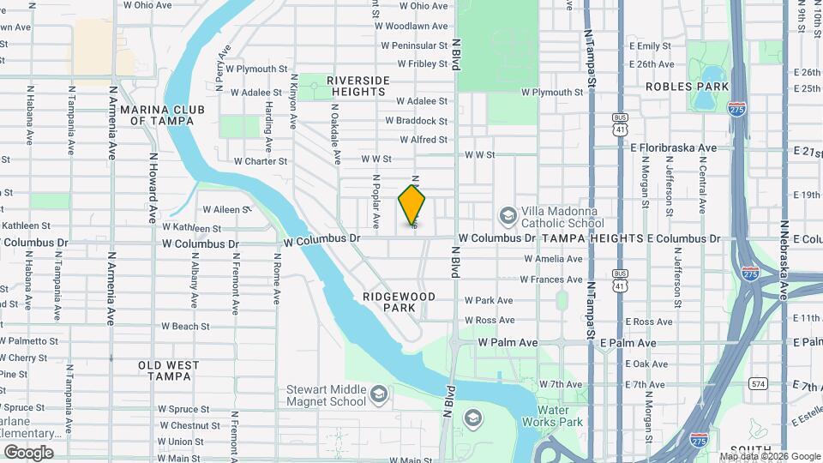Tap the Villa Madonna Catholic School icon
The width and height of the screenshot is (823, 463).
pos(508,214)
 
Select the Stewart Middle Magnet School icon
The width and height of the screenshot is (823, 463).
pos(379,394)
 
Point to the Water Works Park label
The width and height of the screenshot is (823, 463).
pos(553,416)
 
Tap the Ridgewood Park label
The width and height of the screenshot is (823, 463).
pos(399,301)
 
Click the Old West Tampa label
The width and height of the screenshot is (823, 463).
pos(168,370)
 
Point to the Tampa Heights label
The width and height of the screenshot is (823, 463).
pos(592,238)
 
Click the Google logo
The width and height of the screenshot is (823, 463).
pos(28,453)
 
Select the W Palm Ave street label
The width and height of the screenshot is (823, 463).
pos(508,342)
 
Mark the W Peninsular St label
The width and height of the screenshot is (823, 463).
pos(416,45)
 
